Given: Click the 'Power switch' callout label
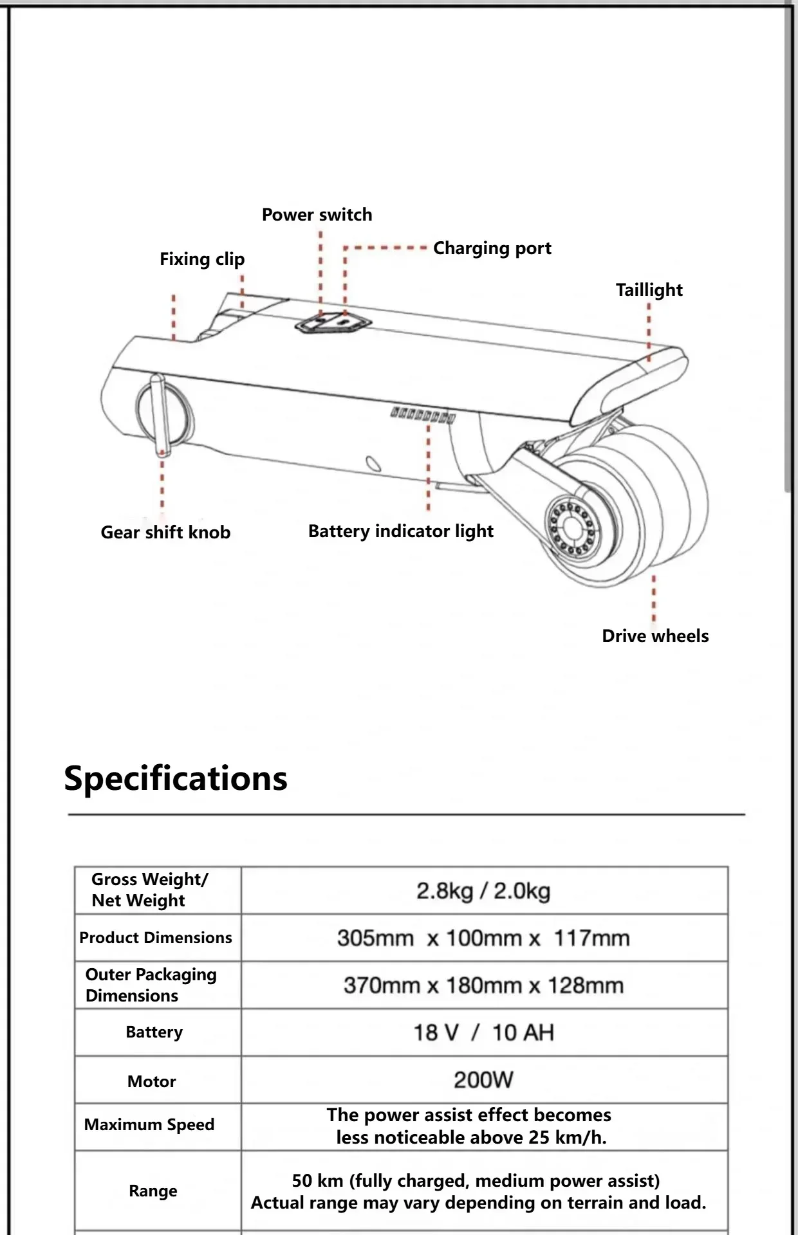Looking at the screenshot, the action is (x=317, y=215).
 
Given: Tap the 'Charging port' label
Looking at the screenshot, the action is (x=492, y=248).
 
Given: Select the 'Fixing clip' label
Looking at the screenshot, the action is (x=202, y=259).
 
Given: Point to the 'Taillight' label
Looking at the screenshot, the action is (x=649, y=290).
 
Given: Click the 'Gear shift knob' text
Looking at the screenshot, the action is (x=165, y=533).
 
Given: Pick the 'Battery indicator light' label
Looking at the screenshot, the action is (x=401, y=531).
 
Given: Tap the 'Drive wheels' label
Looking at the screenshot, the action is (x=655, y=636).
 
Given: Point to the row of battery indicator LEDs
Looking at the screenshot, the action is (x=423, y=415).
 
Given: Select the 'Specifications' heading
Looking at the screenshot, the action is (x=176, y=778).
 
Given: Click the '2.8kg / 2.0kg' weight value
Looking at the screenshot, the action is (x=483, y=892).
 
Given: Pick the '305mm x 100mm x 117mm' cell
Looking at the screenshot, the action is (x=483, y=938).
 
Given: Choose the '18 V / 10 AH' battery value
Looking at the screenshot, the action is (x=483, y=1033).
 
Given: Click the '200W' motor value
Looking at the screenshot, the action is (x=483, y=1080).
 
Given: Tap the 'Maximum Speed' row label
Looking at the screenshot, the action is (x=149, y=1125).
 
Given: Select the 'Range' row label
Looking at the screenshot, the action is (x=153, y=1191).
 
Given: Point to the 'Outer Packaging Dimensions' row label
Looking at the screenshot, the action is (x=151, y=985).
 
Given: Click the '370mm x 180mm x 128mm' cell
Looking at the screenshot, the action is (x=483, y=985).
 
